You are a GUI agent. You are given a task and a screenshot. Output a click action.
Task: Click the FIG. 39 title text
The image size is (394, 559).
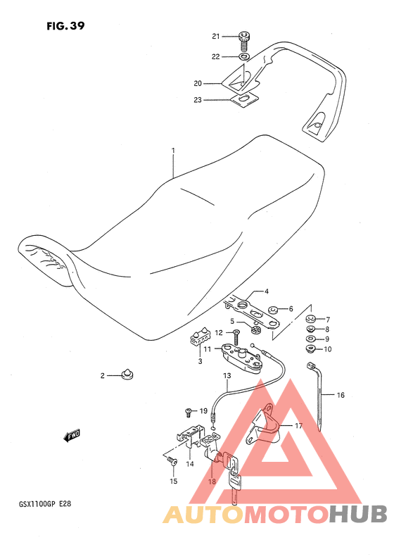[x=65, y=26]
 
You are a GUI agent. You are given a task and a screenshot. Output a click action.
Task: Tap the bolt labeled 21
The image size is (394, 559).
[x=244, y=41]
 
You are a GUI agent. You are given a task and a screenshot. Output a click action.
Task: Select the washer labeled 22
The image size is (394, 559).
[x=243, y=56]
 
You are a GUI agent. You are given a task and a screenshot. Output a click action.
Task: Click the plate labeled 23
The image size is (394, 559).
[x=244, y=99]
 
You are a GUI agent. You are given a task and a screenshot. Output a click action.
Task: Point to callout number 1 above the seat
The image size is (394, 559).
[x=174, y=151]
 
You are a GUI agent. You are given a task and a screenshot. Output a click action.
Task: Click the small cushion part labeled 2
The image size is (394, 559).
[x=127, y=375]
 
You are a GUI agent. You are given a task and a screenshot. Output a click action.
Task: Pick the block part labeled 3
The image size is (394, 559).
[x=201, y=336]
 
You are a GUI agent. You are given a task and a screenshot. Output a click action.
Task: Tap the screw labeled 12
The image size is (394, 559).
[x=236, y=337]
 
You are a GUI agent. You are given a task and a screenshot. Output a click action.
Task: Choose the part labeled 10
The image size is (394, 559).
[x=310, y=348]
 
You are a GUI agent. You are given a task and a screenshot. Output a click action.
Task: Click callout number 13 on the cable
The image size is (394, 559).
[x=227, y=375]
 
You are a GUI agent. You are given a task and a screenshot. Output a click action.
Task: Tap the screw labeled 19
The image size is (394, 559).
[x=189, y=413]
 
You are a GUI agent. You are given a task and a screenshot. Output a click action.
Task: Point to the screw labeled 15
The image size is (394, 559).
[x=173, y=462]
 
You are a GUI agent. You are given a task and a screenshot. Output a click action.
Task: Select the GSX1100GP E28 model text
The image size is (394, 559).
[x=45, y=504]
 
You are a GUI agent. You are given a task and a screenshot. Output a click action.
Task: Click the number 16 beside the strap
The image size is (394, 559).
[x=341, y=395]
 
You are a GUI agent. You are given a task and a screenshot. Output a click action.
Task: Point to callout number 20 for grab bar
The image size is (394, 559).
[x=198, y=83]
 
